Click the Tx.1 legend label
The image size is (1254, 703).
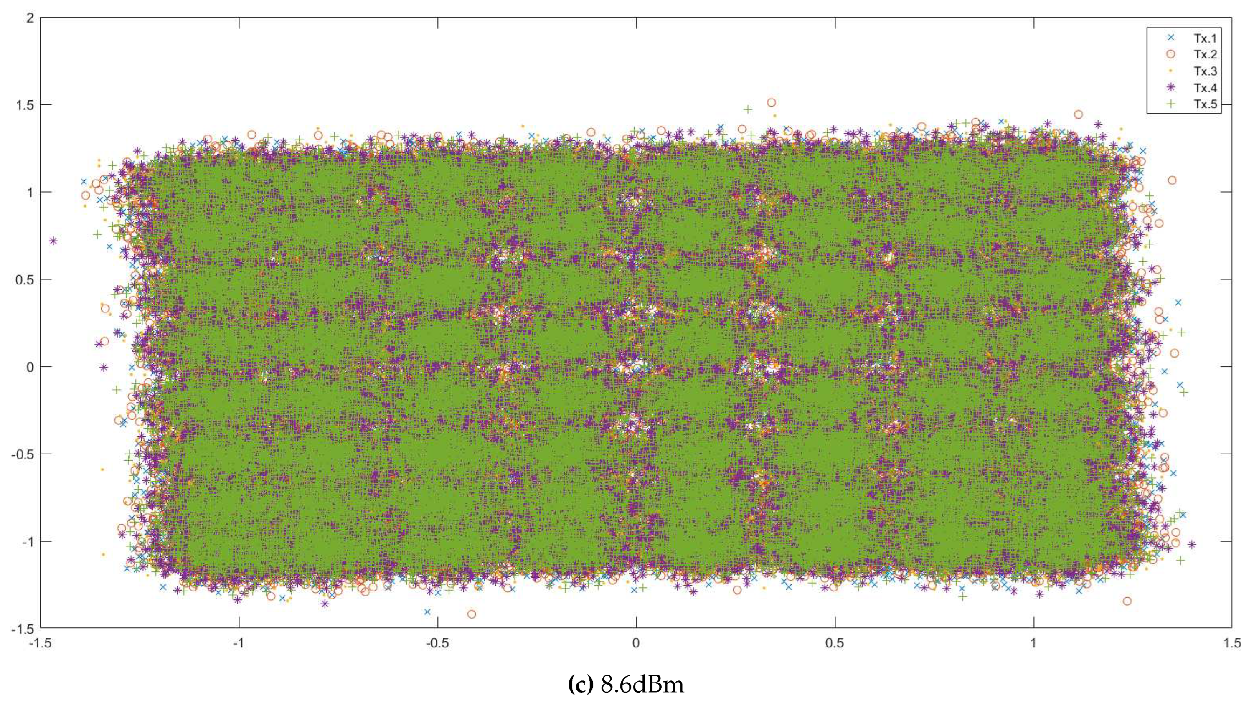[1205, 38]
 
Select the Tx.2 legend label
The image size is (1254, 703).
[1205, 55]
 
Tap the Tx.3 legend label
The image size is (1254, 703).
[1205, 71]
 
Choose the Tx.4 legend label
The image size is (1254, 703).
[1205, 88]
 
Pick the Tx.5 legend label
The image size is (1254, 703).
[1205, 104]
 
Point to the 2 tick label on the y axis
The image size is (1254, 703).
[30, 18]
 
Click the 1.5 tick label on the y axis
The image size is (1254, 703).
[24, 105]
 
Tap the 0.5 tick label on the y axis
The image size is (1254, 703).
[24, 280]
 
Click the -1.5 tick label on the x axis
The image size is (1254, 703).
[40, 644]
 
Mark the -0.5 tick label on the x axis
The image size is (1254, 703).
[437, 644]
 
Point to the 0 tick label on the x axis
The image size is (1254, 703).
[636, 644]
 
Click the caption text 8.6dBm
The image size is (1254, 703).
[642, 685]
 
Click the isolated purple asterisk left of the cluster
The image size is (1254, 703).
[53, 241]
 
